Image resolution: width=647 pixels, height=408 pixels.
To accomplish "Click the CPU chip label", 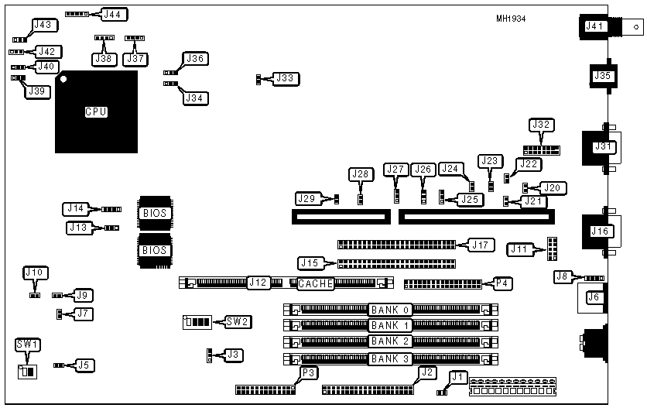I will [95, 112].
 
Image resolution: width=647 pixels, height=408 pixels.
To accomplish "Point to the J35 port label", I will [601, 76].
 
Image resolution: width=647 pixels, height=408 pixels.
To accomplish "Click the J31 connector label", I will [601, 146].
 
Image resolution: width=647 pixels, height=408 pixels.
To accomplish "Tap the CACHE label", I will [316, 284].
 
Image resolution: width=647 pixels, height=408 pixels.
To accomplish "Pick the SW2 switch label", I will [238, 321].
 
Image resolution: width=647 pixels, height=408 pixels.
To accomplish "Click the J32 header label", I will [540, 125].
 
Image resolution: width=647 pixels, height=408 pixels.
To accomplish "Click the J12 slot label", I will [258, 283].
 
